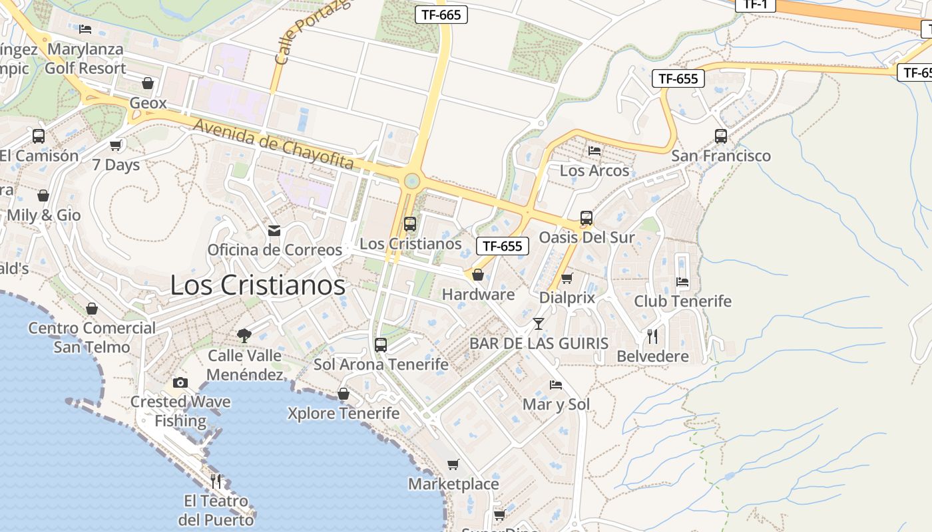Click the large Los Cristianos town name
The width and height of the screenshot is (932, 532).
(258, 285)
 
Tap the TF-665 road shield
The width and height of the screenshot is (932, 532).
(441, 15)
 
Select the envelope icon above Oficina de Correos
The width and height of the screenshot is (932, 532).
(274, 231)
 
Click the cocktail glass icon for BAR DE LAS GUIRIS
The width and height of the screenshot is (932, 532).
(538, 324)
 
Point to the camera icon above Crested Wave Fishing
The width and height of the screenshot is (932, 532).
(180, 382)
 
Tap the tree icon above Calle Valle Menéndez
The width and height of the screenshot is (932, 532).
(244, 336)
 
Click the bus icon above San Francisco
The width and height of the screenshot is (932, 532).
(720, 136)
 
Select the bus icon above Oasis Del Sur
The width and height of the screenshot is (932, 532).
(586, 218)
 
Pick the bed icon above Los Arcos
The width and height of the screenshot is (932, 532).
(594, 151)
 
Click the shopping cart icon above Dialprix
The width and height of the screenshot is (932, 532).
(567, 279)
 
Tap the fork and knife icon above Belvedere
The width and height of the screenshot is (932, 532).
(652, 336)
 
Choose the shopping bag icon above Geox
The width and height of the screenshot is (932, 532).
(148, 83)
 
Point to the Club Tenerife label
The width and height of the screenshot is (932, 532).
(682, 301)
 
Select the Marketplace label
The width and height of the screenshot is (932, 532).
(453, 483)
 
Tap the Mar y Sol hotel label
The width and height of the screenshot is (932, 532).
(556, 404)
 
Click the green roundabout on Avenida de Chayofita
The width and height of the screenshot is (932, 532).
(412, 180)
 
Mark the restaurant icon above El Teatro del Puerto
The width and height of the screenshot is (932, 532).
(216, 481)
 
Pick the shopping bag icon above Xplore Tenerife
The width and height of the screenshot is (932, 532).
(344, 394)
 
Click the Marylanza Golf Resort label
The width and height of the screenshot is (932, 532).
(85, 59)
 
